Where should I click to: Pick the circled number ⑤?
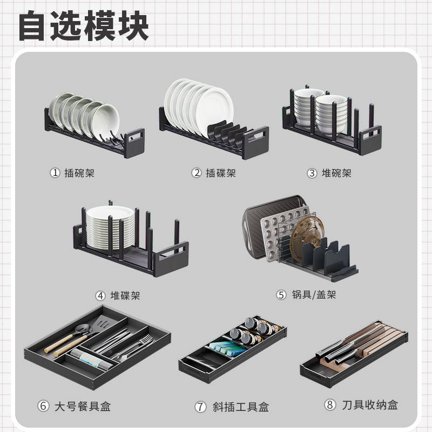coord(281,294)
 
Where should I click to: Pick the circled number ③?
coord(312,173)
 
